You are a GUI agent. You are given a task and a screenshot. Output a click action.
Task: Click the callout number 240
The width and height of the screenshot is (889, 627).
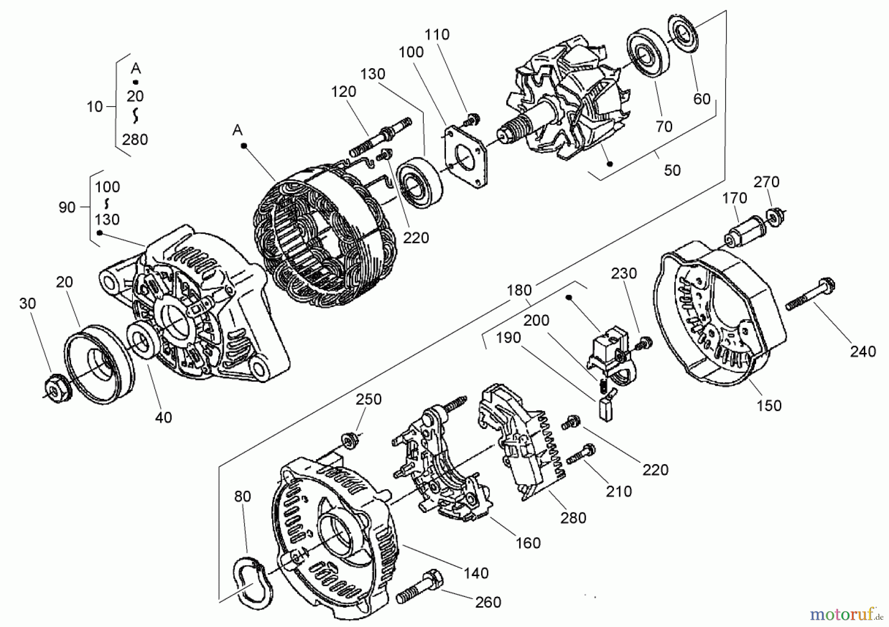[x=863, y=351]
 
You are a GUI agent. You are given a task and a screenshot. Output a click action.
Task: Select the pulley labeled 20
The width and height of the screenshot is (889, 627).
[x=99, y=359]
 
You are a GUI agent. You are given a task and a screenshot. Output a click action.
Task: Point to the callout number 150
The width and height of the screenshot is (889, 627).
[x=769, y=405]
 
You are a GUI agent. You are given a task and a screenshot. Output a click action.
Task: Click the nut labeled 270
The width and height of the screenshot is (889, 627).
[x=775, y=217]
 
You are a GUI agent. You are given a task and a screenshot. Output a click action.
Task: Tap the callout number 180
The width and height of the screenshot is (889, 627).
[x=519, y=290]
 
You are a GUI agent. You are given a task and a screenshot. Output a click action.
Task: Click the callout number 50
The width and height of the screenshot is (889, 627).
[x=672, y=170]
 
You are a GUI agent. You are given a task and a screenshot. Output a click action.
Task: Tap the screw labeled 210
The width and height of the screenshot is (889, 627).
[x=581, y=454]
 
